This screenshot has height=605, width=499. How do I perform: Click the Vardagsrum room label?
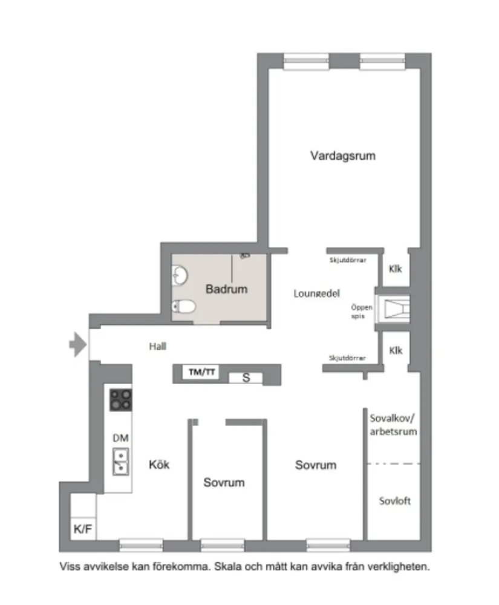[343, 155]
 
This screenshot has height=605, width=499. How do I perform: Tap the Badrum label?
[226, 289]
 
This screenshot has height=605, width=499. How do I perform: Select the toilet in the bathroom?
[183, 307]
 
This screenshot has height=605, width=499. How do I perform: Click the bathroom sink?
[180, 276]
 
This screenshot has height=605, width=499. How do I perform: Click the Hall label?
[158, 347]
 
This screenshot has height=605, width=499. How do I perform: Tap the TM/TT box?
[201, 373]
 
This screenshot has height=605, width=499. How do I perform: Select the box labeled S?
[246, 378]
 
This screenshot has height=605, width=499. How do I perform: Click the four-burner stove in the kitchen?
[120, 400]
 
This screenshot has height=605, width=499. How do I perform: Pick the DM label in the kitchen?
[120, 438]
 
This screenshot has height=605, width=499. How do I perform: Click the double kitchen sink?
[120, 462]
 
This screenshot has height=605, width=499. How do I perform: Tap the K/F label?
[83, 530]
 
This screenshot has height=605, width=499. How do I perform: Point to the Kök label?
[159, 465]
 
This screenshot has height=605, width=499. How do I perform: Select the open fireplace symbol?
[393, 309]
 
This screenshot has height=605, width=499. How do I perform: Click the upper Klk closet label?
[396, 269]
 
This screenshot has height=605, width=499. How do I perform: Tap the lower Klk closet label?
[396, 350]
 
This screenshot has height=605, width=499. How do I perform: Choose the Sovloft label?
[395, 501]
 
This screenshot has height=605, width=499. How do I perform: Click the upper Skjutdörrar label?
[347, 261]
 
